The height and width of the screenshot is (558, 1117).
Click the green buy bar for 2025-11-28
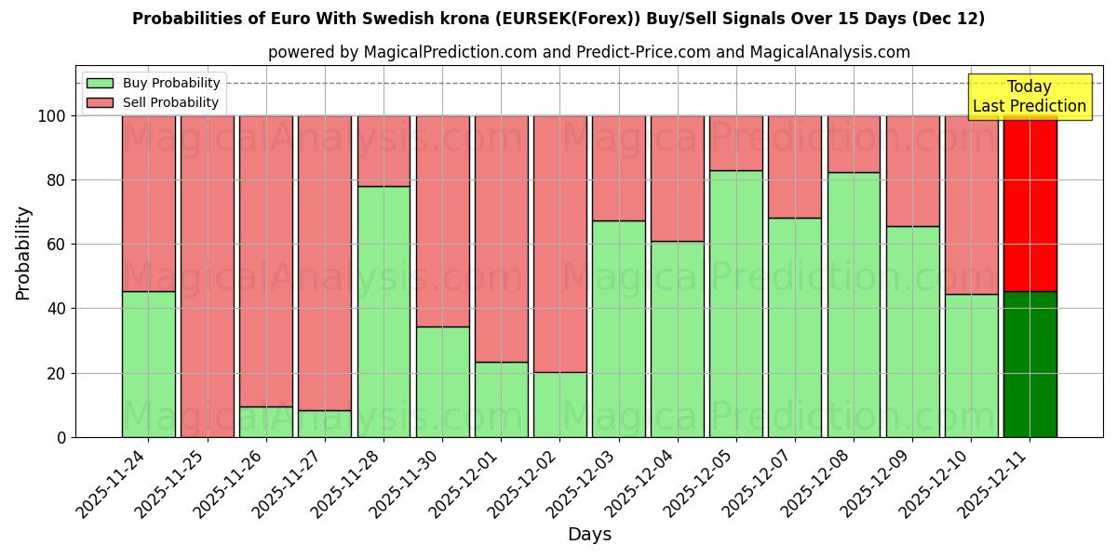tap(384, 312)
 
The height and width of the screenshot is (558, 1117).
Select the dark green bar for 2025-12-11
tap(1030, 365)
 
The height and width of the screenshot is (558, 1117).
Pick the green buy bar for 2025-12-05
tap(735, 303)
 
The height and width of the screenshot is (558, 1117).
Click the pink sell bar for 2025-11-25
tap(207, 276)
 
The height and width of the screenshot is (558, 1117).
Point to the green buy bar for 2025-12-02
tap(559, 405)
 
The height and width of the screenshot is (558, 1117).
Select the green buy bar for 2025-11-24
tap(148, 365)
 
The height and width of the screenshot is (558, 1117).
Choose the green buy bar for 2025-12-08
tap(853, 304)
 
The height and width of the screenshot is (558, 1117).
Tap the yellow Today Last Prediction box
tap(1029, 97)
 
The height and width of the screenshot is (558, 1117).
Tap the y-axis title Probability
tap(23, 252)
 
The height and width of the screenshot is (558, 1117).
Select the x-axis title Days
tap(589, 535)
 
